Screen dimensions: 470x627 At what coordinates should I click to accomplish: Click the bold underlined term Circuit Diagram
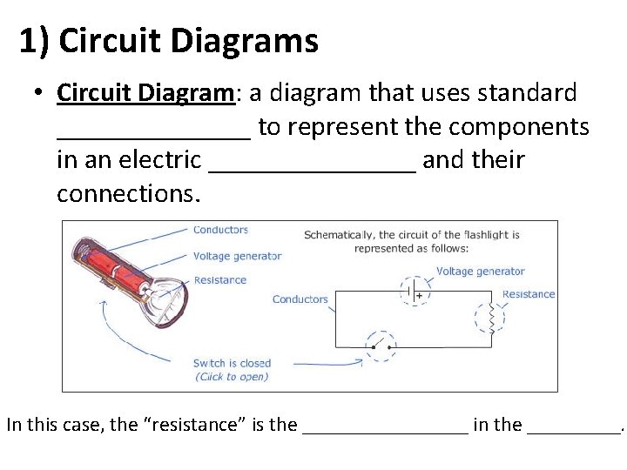pos(146,92)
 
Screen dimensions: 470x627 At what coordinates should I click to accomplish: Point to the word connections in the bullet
pos(128,193)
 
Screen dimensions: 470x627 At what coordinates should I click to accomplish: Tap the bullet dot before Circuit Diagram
pos(41,93)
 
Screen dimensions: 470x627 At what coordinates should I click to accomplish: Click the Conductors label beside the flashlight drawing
pos(220,231)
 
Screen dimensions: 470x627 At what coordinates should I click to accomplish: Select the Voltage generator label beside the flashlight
pos(237,256)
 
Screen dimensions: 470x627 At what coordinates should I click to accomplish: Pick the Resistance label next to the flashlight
pos(219,280)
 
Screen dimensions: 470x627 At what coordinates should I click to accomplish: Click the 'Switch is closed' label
pos(232,363)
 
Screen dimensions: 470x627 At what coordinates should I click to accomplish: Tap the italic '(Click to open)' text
pos(232,377)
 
